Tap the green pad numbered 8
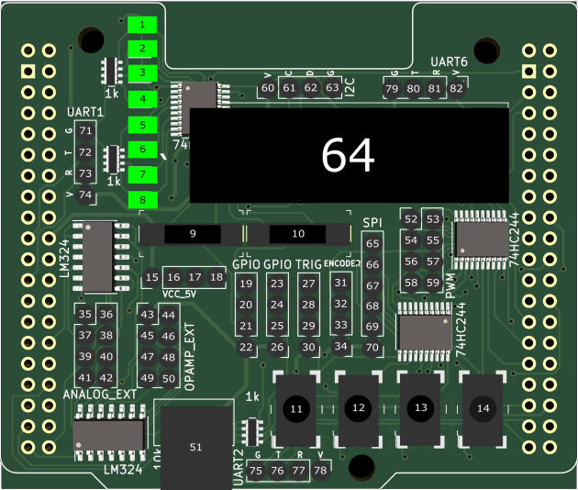[x=143, y=199]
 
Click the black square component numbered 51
[x=195, y=447]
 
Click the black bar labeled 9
[x=193, y=234]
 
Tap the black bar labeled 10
[x=298, y=234]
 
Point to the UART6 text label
[x=450, y=61]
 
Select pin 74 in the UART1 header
[x=86, y=195]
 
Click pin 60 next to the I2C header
[x=267, y=88]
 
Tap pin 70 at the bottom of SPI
[x=372, y=348]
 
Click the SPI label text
[x=372, y=223]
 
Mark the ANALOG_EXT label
[x=100, y=395]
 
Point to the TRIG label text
[x=308, y=264]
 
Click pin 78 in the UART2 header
[x=320, y=471]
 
